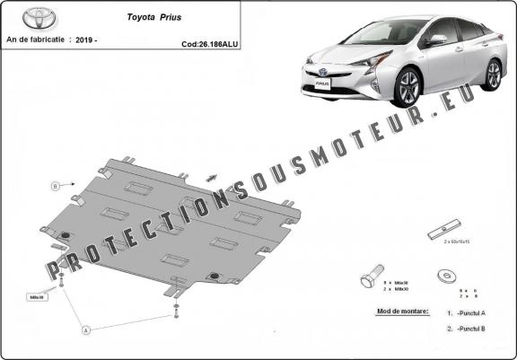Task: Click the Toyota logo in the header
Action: [24, 17]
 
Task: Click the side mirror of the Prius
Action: [437, 40]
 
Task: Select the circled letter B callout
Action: [55, 186]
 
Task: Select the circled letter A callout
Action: [86, 329]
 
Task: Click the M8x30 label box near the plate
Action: [38, 295]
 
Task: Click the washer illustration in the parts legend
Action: [443, 275]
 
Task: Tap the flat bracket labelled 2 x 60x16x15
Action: [446, 228]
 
